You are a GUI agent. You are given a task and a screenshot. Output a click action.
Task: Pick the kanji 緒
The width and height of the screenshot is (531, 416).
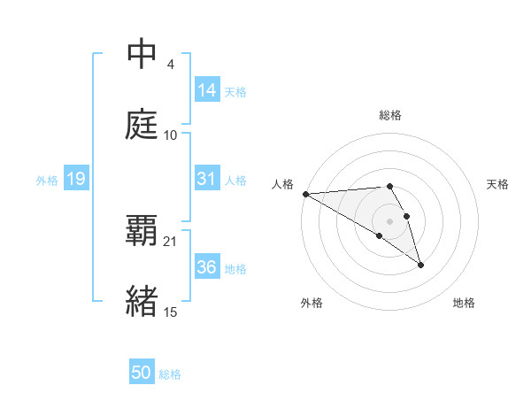142,301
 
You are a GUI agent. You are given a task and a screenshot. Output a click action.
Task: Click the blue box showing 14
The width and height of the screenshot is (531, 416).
207,90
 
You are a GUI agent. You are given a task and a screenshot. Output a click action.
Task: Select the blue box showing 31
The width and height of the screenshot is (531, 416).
207,179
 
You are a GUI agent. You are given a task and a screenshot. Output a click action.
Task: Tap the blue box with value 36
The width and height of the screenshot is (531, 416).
207,267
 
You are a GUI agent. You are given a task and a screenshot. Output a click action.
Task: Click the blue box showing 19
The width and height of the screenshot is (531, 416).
75,180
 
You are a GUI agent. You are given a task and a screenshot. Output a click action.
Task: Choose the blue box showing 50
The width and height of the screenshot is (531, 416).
142,373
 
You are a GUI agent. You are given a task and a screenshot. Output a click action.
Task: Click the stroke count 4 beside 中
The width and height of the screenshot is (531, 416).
170,65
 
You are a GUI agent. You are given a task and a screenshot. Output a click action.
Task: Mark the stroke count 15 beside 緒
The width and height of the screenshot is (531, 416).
171,311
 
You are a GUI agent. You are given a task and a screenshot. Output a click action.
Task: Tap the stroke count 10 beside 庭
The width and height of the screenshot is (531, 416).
171,135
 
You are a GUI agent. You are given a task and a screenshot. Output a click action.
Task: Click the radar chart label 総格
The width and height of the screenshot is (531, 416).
390,115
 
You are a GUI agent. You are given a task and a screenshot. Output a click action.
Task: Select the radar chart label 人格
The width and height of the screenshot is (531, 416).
283,183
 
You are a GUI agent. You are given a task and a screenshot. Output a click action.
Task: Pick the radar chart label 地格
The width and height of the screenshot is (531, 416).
464,303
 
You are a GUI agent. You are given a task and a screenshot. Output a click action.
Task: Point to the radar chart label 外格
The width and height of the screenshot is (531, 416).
312,303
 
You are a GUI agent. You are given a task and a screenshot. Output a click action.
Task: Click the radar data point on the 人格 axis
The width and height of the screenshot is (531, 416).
305,194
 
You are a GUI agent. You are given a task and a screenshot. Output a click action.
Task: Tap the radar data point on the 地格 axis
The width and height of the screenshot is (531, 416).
420,265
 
